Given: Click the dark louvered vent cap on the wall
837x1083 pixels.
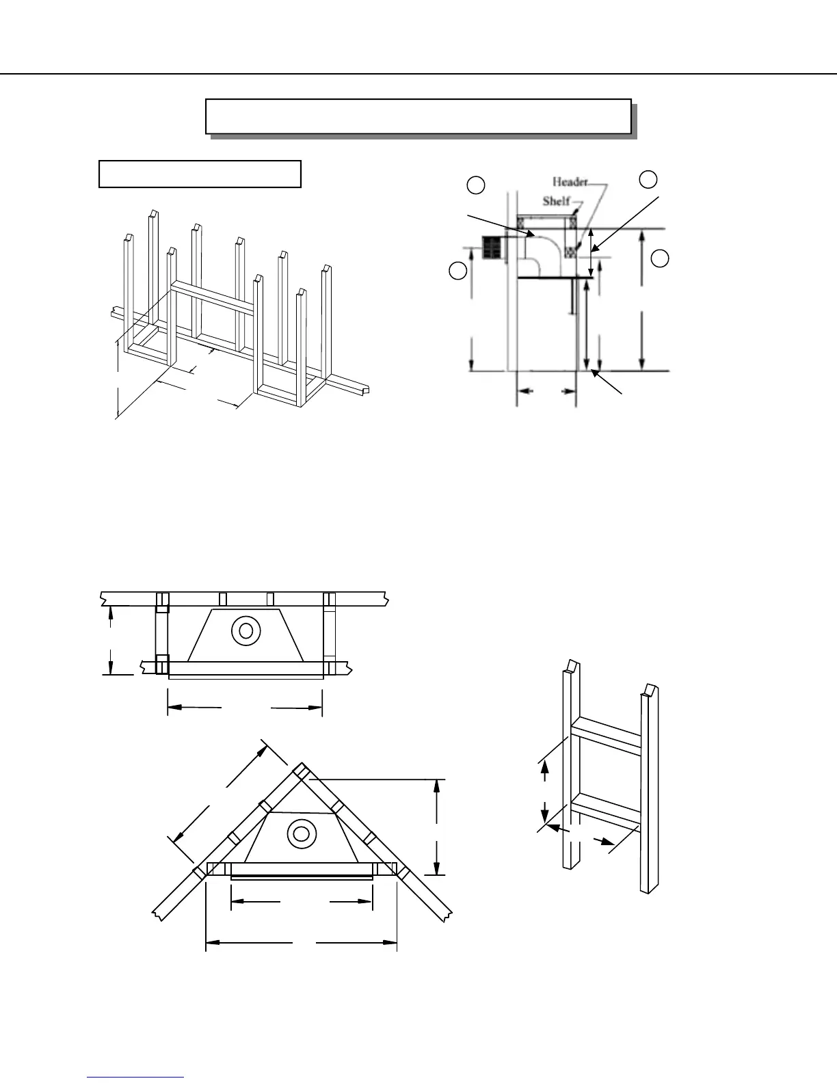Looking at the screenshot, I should point(493,248).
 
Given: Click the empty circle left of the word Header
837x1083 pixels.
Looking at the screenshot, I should point(476,185).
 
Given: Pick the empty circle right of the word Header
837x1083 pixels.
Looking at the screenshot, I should point(648,179).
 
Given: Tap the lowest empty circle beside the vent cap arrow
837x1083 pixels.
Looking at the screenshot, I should point(458,270).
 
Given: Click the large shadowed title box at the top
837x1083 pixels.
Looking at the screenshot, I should point(418,116).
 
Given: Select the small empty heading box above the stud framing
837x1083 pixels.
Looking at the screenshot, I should point(200,174).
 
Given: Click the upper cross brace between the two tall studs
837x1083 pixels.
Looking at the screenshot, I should point(606,736).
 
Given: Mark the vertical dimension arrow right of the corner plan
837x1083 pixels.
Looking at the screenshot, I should point(436,827).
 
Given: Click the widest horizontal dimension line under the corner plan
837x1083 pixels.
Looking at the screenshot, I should point(302,943).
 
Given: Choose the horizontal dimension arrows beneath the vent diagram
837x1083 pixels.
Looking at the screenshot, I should point(546,391).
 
